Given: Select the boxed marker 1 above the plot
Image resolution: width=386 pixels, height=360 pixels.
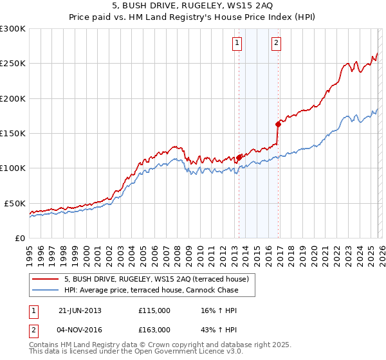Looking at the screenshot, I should [237, 43].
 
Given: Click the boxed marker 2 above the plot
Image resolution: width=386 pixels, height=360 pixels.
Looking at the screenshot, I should [276, 43].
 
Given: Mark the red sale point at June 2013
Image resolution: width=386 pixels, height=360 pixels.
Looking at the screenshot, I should [239, 157].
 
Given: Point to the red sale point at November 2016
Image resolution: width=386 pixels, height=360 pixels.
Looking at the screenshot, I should [278, 123].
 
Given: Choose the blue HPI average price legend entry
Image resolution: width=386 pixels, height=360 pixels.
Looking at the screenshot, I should [151, 291].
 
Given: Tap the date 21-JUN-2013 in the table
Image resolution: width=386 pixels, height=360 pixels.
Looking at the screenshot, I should [80, 310].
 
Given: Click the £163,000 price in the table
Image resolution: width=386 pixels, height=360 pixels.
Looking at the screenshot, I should [154, 329].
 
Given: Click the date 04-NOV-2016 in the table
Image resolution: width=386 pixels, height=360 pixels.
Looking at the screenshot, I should [80, 329].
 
